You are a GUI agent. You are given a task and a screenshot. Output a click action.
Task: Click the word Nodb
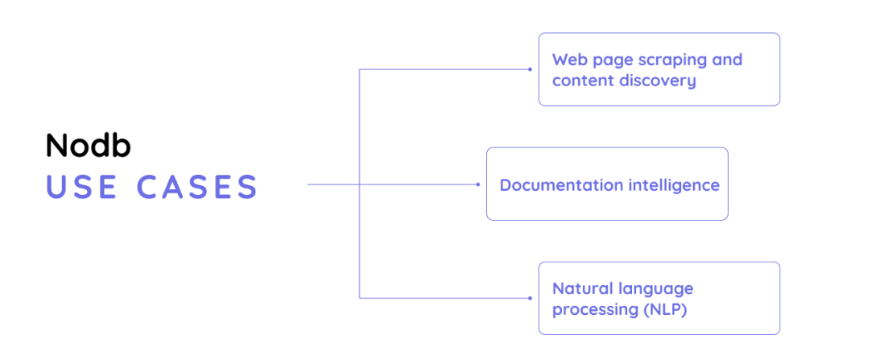coord(88,146)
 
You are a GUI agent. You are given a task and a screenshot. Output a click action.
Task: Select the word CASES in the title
coord(196,186)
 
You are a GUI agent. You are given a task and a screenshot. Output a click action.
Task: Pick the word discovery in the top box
coord(655,81)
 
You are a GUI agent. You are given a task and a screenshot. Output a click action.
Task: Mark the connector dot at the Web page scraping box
coord(530,69)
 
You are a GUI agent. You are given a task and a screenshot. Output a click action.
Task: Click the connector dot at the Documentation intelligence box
coord(478,184)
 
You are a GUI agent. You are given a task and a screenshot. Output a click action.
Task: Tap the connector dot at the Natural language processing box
coord(530,299)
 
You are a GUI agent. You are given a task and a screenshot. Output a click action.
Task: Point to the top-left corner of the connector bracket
coord(359,69)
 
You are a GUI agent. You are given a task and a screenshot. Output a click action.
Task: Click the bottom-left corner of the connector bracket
coord(359,299)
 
